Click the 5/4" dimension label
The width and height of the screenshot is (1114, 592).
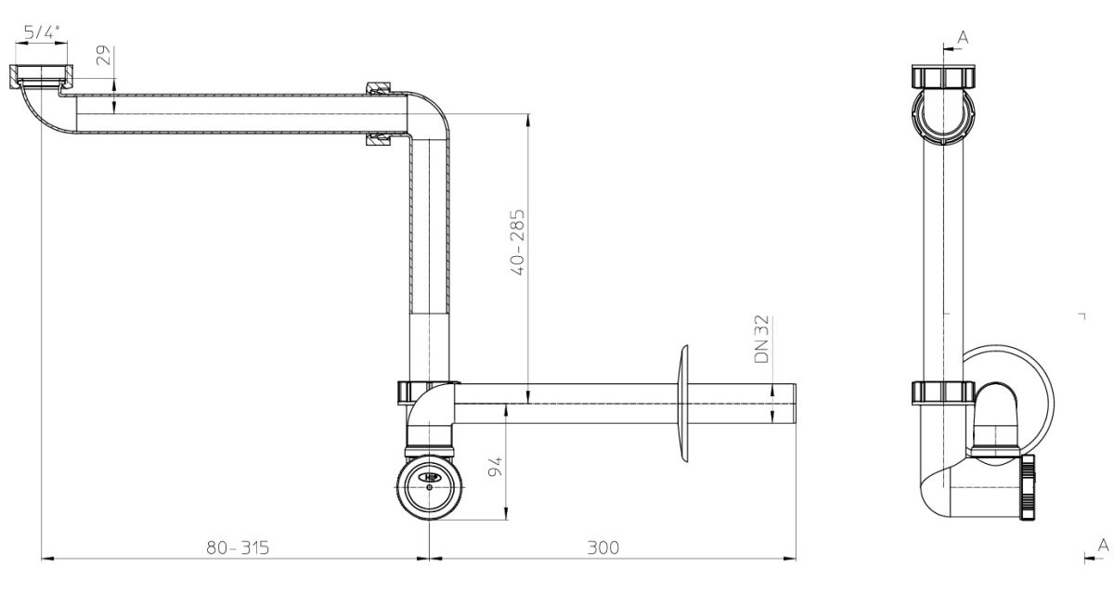coord(41,32)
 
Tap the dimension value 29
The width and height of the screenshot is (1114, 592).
coord(103,55)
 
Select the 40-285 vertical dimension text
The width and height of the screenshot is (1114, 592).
coord(518,242)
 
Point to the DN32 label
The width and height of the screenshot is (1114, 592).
coord(761,339)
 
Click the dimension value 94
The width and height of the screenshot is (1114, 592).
coord(495,467)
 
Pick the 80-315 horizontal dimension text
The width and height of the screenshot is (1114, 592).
coord(238,547)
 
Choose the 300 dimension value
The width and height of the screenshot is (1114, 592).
coord(603,547)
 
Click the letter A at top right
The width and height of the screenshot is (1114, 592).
coord(963,37)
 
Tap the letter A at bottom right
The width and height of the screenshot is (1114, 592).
coord(1103,546)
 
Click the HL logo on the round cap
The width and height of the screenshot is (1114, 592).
coord(430,478)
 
